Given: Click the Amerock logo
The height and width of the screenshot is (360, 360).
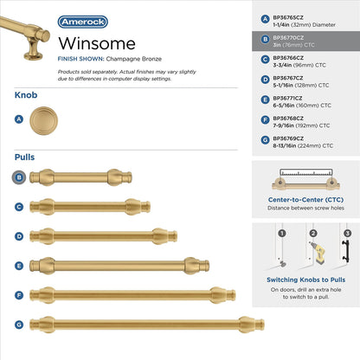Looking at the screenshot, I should [83, 21].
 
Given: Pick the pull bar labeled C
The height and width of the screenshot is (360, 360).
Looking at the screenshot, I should [96, 207].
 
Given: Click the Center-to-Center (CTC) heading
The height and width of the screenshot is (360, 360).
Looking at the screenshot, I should [303, 200].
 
